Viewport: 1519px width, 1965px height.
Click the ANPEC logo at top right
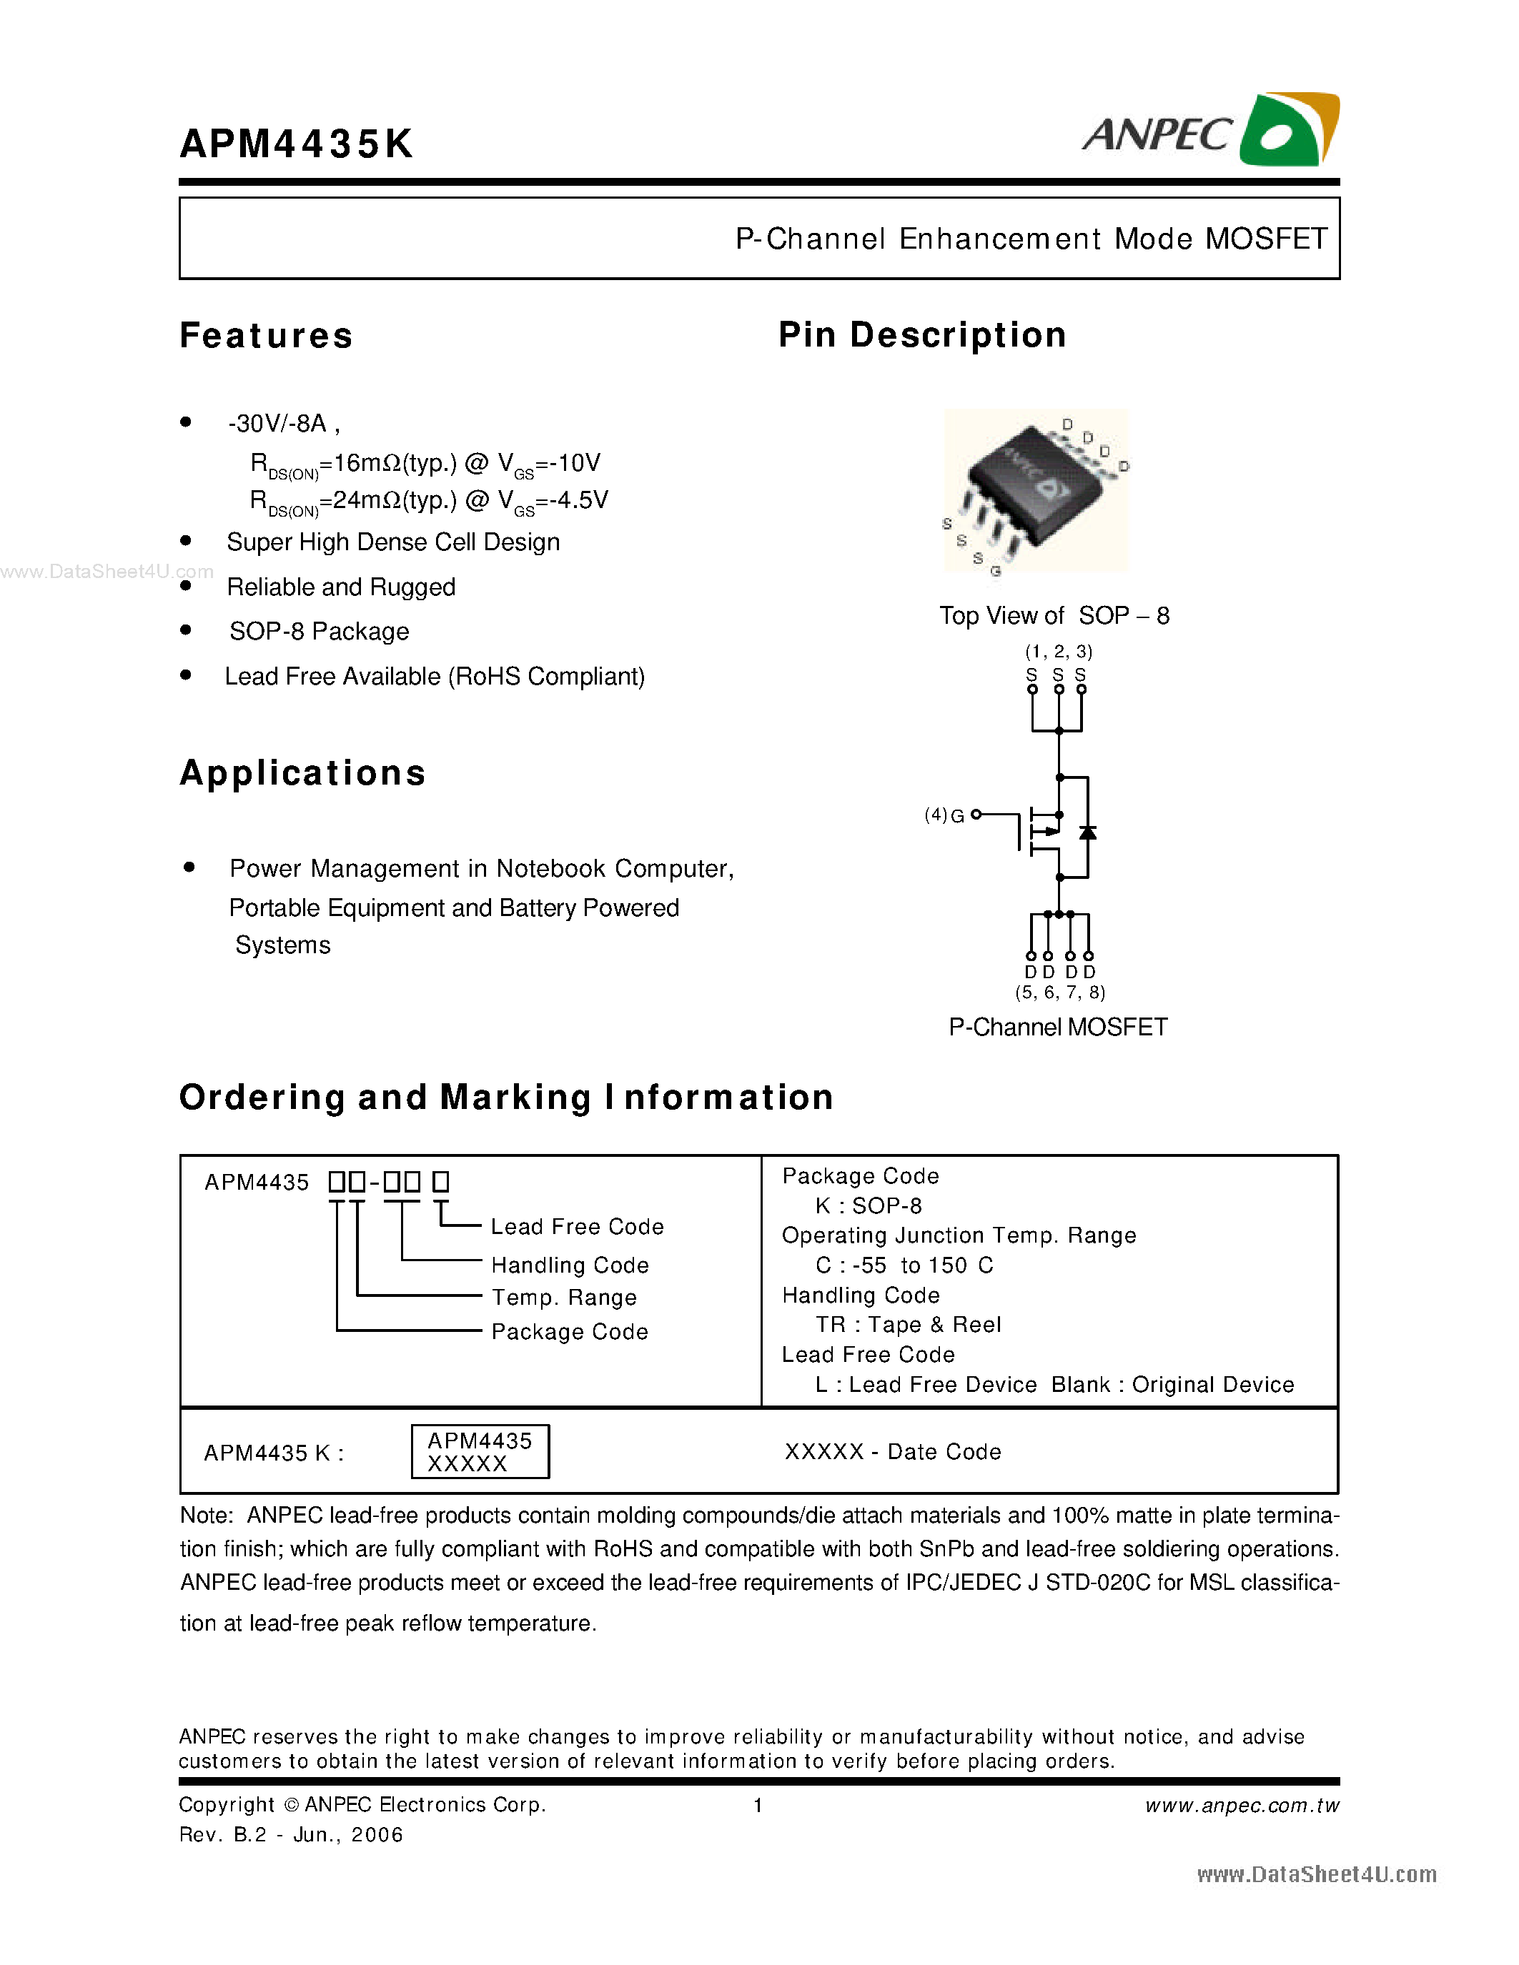(1210, 131)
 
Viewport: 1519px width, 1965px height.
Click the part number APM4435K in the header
(296, 144)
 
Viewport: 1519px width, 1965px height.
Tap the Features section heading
(267, 336)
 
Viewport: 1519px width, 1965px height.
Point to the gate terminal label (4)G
(945, 815)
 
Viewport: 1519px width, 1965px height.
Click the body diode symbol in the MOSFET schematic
(1087, 832)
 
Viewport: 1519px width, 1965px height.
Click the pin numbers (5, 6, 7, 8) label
(1060, 993)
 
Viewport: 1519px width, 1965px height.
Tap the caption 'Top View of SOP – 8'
(1054, 617)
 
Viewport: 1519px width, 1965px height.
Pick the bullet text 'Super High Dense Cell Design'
(393, 542)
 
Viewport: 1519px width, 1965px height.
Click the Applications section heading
(302, 774)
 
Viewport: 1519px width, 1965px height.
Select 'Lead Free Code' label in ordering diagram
(577, 1227)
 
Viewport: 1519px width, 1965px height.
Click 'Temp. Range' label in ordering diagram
(564, 1298)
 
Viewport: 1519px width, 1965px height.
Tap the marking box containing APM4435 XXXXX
(480, 1451)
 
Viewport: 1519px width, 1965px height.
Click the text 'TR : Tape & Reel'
(908, 1325)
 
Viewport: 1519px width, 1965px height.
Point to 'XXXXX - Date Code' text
(893, 1452)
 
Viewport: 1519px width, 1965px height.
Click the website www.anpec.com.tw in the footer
(1242, 1806)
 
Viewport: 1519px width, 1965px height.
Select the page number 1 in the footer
(758, 1806)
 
